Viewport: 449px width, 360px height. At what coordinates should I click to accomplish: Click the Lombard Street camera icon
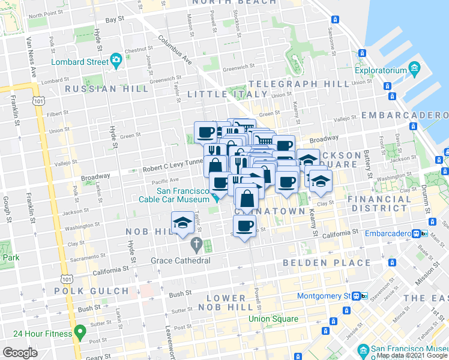tap(115, 61)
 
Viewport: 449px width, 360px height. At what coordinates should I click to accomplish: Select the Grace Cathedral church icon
tap(196, 245)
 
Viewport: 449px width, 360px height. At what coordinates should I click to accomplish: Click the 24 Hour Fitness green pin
tap(79, 333)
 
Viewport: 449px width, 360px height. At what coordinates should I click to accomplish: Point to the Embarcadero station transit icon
tap(416, 233)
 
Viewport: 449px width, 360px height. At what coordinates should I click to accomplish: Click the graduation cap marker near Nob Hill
tap(182, 223)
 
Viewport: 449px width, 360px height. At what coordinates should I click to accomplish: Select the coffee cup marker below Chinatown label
tap(244, 226)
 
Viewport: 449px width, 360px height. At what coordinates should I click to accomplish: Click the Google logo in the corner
tap(20, 352)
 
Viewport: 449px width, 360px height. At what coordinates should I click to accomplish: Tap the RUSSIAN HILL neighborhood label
tap(106, 89)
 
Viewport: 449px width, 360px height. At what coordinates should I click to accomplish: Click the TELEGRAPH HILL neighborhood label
tap(299, 83)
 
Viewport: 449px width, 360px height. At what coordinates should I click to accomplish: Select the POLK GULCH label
tap(100, 291)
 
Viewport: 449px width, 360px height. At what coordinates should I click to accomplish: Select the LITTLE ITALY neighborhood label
tap(227, 95)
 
